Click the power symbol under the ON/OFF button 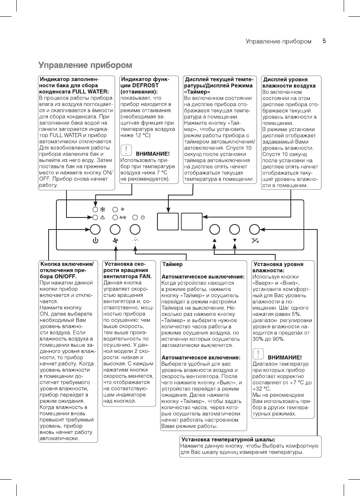pos(95,240)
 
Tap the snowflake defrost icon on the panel pos(103,210)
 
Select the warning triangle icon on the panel pos(103,217)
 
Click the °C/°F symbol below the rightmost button pos(255,240)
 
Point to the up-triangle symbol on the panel pos(215,240)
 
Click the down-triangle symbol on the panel pos(235,240)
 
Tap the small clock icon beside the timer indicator pos(143,217)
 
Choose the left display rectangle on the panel pos(168,221)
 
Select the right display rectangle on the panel pos(192,221)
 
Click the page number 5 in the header pos(324,41)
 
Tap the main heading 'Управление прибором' pos(85,65)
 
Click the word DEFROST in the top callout pos(143,85)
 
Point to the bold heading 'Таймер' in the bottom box pos(173,265)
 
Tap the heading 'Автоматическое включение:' pos(201,357)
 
